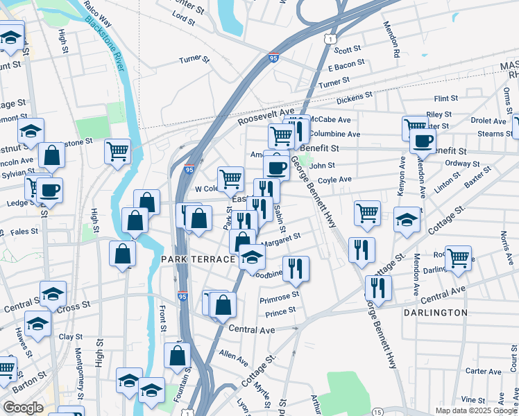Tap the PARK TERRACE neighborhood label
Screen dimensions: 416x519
(x=198, y=259)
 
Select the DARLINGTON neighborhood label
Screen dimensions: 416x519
(x=436, y=313)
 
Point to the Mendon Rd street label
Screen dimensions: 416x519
(x=393, y=40)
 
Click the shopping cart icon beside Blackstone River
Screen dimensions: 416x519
(x=118, y=150)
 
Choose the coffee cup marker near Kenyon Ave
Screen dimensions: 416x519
(x=422, y=141)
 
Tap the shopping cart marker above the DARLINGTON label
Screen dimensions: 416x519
(x=458, y=258)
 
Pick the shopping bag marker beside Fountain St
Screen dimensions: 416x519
(x=177, y=355)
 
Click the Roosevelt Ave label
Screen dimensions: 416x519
(x=266, y=115)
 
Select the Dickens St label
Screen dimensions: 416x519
(x=355, y=98)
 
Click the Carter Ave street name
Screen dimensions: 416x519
(x=483, y=372)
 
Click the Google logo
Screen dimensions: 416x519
(x=23, y=407)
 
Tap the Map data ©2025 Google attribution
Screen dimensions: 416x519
(x=475, y=410)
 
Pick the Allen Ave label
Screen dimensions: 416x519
(x=233, y=358)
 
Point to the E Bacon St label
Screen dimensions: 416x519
(x=346, y=67)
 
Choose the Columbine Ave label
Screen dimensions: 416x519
(x=335, y=134)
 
